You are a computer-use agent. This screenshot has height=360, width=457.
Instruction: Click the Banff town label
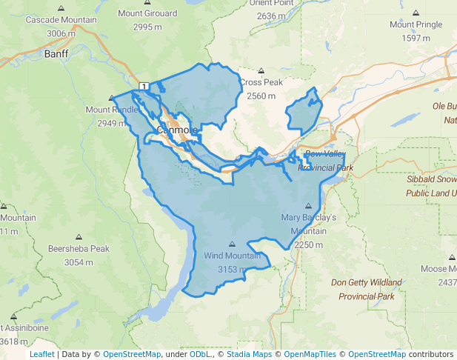[x=56, y=55]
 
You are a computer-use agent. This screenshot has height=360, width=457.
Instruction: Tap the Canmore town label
[x=177, y=130]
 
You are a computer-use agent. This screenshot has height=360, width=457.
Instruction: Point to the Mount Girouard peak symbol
[x=147, y=3]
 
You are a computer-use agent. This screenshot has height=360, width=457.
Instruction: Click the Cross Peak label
[x=261, y=82]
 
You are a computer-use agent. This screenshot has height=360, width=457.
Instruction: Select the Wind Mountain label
[x=233, y=256]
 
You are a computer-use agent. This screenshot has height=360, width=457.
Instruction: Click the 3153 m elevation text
[x=233, y=269]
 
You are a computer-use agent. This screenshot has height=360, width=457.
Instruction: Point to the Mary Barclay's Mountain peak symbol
[x=309, y=206]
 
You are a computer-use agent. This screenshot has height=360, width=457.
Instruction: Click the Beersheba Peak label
[x=78, y=249]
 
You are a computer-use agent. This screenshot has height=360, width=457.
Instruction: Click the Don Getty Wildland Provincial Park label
[x=366, y=289]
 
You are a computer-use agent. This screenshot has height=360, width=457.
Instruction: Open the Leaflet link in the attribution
[x=41, y=354]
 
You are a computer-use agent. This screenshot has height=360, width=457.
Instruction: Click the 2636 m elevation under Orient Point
[x=271, y=16]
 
